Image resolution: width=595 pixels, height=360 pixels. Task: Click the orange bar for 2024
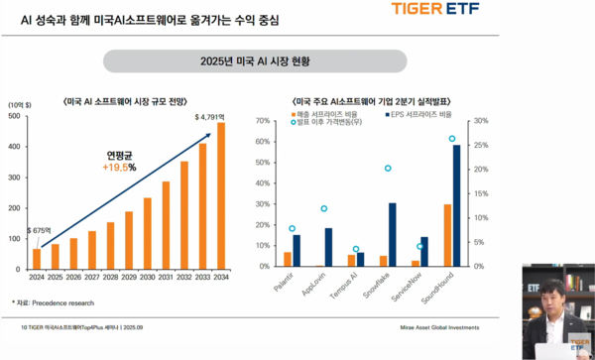click(37, 258)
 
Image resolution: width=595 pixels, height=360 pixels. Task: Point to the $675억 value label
click(40, 229)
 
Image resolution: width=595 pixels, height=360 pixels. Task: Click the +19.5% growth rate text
click(119, 168)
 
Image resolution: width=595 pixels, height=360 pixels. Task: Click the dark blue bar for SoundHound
click(456, 205)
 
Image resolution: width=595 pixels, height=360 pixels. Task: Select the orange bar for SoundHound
click(447, 235)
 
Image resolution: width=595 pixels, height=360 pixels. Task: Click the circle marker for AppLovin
click(323, 209)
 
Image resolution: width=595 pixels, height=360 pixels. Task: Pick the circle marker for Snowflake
click(388, 169)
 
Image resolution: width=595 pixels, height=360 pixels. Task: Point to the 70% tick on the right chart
click(265, 121)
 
